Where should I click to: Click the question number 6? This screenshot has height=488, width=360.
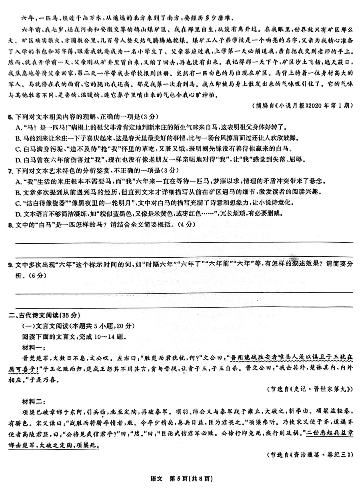coord(11,116)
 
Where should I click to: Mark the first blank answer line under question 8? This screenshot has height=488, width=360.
coord(184,242)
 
